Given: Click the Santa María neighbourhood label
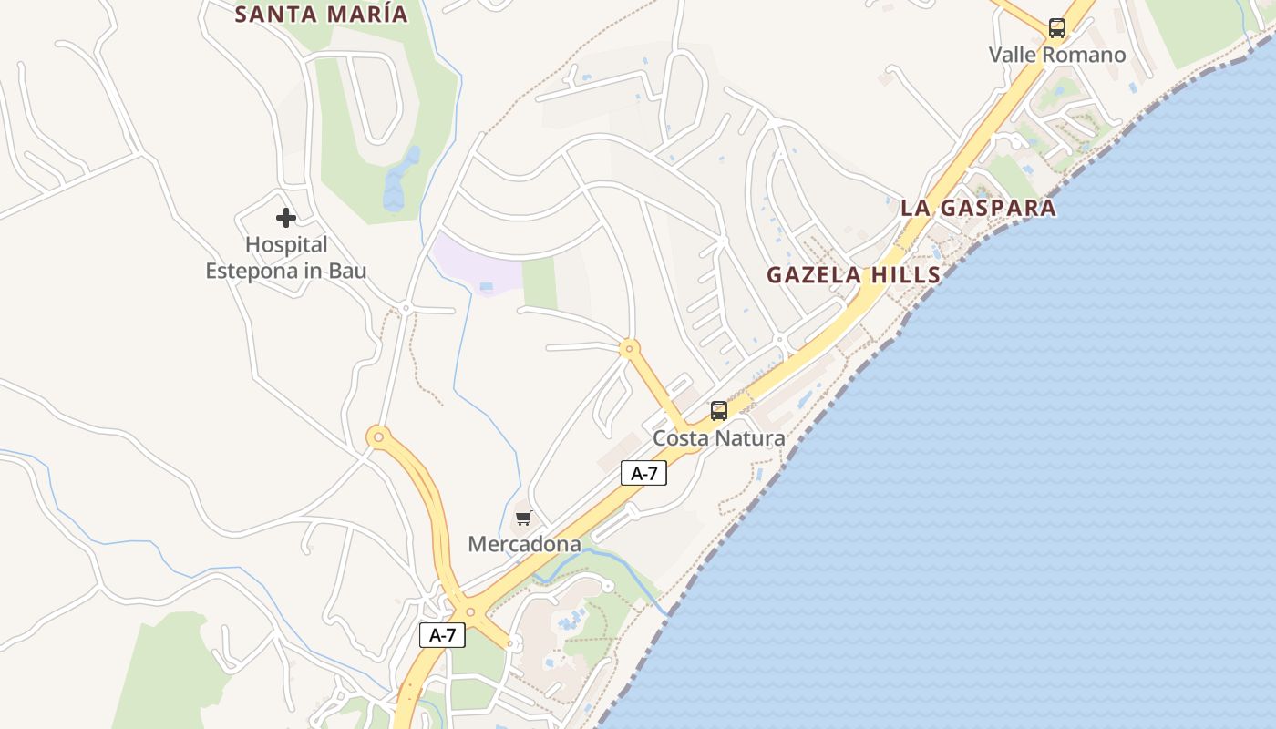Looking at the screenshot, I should coord(322,15).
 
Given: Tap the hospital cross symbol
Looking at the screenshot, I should coord(286,218).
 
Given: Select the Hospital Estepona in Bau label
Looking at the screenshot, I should coord(286,258).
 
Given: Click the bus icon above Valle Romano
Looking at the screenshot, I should coord(1057,28).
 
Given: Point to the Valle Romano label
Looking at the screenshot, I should coord(1057,55).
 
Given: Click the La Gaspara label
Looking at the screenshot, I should coord(978,208).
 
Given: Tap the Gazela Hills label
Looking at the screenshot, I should coord(853,274).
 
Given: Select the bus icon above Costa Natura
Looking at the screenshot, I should coord(719,411).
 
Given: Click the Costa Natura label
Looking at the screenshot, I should coord(719,438).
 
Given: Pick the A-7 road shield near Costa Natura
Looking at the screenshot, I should coord(643,473).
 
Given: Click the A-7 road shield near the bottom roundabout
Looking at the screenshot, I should coord(442,635).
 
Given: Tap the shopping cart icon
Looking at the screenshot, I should coord(523,519).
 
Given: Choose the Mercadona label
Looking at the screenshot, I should coord(524,544).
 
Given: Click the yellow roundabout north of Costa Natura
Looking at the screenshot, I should coord(628,348).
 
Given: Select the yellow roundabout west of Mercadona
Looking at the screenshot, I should coord(378,437).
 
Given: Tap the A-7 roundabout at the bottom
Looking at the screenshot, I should coord(470,612).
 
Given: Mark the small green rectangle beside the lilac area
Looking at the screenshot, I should coord(540,283).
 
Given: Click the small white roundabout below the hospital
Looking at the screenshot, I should coord(406,310).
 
